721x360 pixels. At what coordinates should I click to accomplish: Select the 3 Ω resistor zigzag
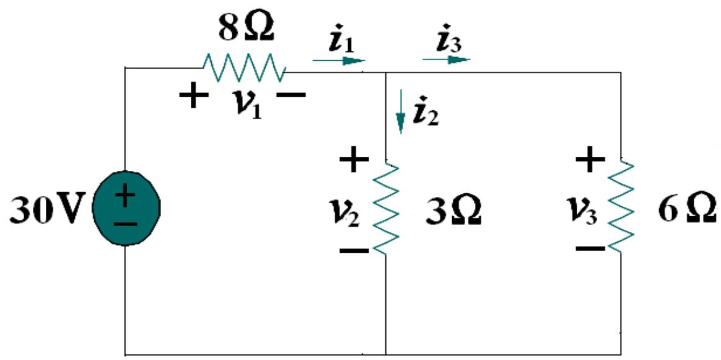tap(386, 208)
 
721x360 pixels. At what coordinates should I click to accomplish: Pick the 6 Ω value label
tap(687, 211)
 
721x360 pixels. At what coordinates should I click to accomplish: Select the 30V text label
tap(46, 211)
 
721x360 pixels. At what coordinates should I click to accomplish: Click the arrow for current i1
tap(339, 61)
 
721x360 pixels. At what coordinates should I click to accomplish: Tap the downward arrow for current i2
tap(401, 112)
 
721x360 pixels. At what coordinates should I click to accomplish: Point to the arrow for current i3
tap(446, 59)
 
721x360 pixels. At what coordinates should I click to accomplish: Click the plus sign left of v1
tap(194, 97)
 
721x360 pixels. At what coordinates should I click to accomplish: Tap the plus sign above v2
tap(354, 161)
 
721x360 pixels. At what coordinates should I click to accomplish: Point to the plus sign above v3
tap(590, 160)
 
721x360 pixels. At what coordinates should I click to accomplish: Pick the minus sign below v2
tap(354, 251)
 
